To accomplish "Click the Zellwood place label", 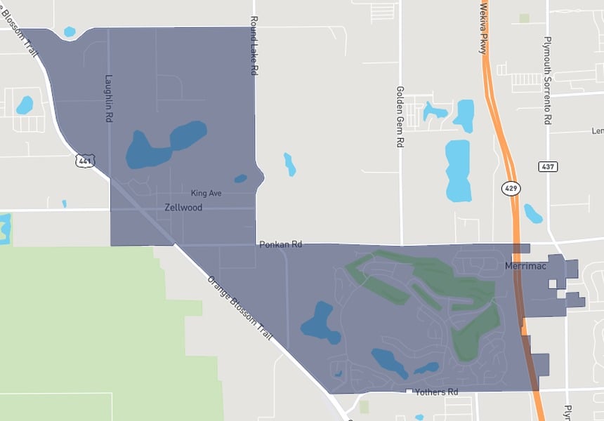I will pyautogui.click(x=183, y=208).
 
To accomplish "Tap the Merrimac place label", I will pyautogui.click(x=525, y=266).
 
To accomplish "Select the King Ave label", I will pyautogui.click(x=206, y=192).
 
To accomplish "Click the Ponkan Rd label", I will pyautogui.click(x=280, y=245).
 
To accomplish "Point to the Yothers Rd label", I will pyautogui.click(x=436, y=392).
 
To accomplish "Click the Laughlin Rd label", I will pyautogui.click(x=109, y=99).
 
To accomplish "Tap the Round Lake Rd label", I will pyautogui.click(x=254, y=46).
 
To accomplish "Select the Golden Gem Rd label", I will pyautogui.click(x=400, y=116).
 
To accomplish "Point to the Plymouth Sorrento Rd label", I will pyautogui.click(x=548, y=81).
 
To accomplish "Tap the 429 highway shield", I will pyautogui.click(x=511, y=188).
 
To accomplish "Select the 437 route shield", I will pyautogui.click(x=549, y=166).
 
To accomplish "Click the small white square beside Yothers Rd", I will pyautogui.click(x=408, y=390).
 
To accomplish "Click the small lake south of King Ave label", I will pyautogui.click(x=241, y=178).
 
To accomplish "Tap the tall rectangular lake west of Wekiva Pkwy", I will pyautogui.click(x=458, y=170).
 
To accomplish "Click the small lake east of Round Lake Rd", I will pyautogui.click(x=289, y=163).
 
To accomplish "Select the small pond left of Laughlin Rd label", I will pyautogui.click(x=25, y=105).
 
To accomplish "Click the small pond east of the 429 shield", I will pyautogui.click(x=533, y=213).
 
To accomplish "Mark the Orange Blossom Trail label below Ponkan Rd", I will pyautogui.click(x=239, y=307).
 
